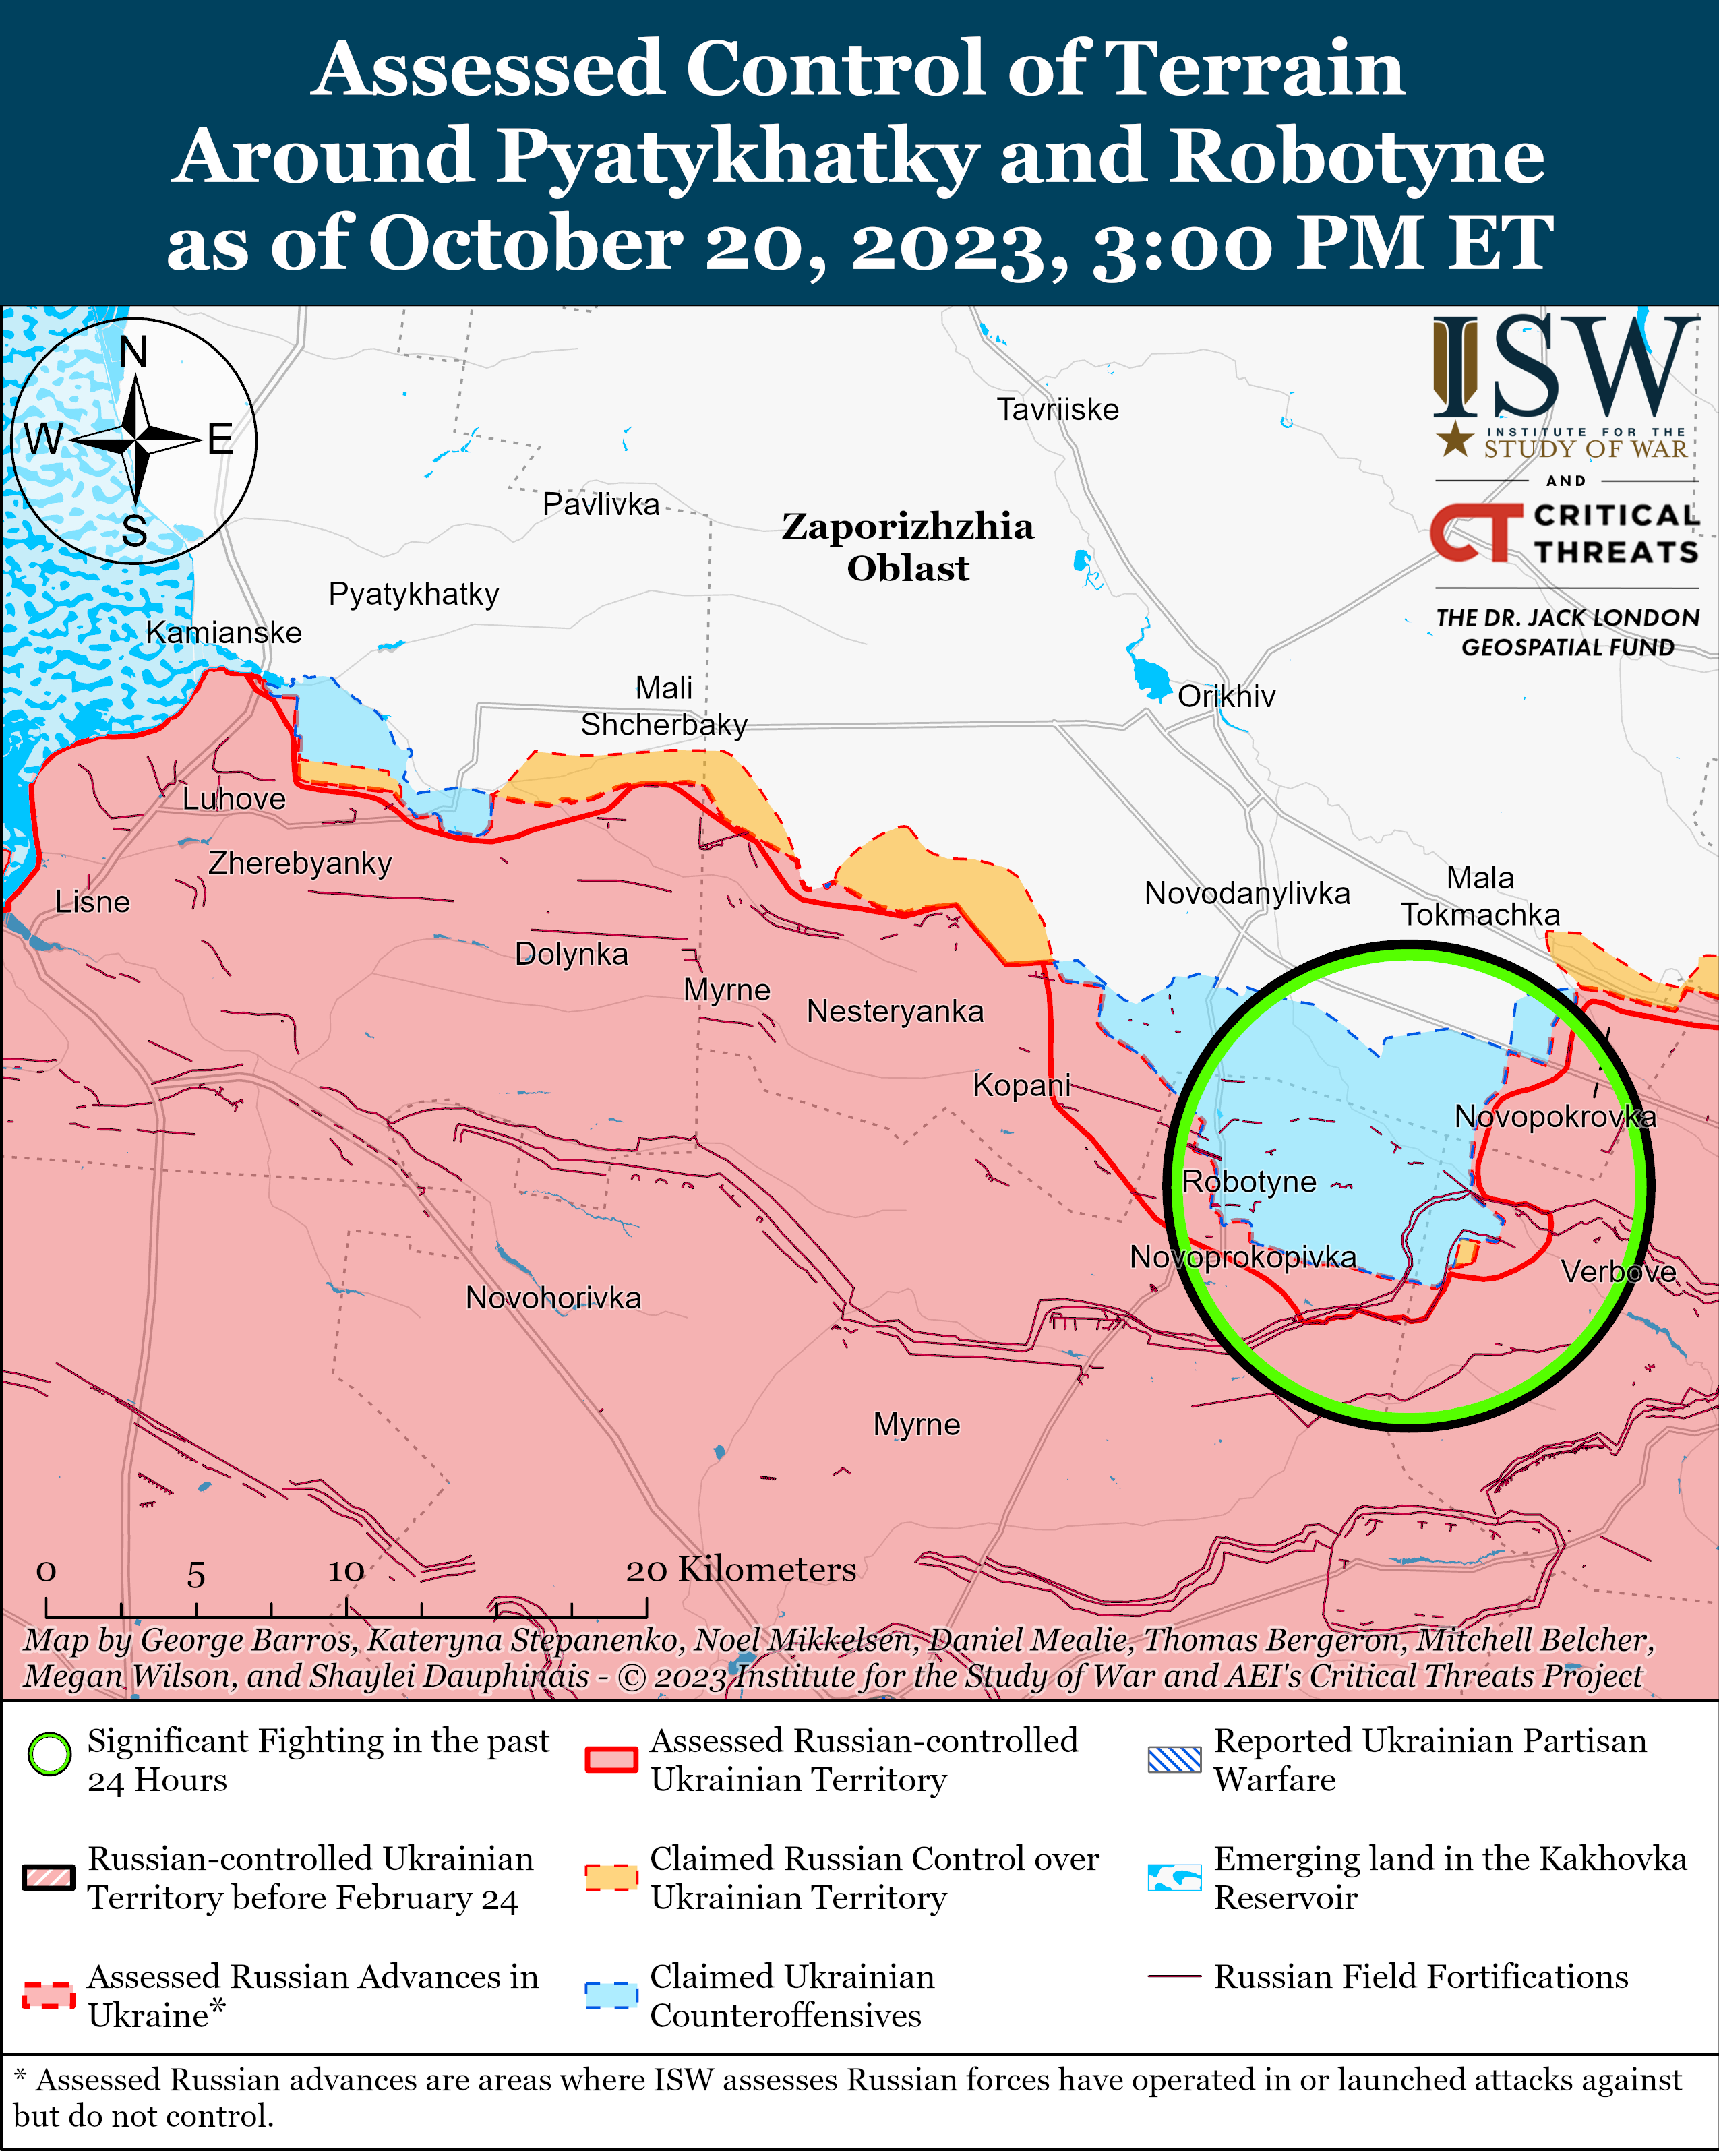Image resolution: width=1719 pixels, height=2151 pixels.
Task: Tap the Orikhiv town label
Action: click(1226, 696)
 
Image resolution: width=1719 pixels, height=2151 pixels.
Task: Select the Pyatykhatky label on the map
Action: click(413, 594)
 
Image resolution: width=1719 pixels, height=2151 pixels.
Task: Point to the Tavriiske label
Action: click(1058, 409)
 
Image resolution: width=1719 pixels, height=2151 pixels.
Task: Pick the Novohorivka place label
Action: click(553, 1298)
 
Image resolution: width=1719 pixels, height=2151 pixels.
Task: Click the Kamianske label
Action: click(224, 632)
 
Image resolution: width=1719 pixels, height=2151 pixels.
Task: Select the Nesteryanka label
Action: click(895, 1012)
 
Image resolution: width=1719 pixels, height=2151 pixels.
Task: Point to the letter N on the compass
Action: click(133, 352)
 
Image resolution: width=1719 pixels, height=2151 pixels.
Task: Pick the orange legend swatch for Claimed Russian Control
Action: click(611, 1877)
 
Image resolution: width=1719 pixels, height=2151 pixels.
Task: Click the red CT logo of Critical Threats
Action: click(1474, 533)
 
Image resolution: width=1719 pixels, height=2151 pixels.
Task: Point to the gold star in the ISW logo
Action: click(1455, 439)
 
